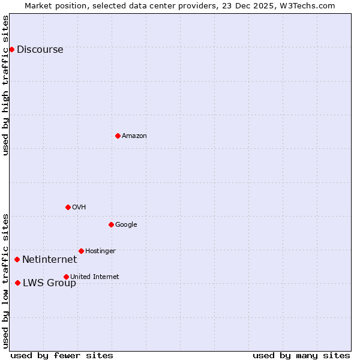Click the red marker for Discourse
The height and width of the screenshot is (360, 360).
(11, 49)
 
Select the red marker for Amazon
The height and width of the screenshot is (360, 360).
(118, 136)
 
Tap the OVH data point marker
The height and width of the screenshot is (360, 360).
(68, 207)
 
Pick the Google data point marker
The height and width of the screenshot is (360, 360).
(111, 224)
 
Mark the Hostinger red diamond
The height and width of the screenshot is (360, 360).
(81, 251)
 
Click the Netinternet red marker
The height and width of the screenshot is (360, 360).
(17, 259)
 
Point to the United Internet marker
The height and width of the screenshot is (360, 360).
(66, 277)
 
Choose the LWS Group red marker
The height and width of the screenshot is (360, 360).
(17, 283)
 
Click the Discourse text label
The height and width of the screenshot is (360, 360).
(40, 50)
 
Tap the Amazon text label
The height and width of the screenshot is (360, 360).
(134, 136)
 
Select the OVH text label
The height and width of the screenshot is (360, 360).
(79, 208)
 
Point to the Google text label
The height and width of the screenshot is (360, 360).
(126, 225)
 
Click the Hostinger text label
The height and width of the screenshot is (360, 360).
(100, 251)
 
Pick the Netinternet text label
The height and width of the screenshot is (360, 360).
(49, 260)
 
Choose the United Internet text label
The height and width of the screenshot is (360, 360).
(94, 277)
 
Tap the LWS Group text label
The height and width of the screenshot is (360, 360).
(49, 283)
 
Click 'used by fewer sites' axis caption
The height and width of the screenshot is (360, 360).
(62, 355)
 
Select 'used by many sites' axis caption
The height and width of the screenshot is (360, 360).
(301, 355)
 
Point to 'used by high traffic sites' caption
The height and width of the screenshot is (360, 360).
(6, 85)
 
